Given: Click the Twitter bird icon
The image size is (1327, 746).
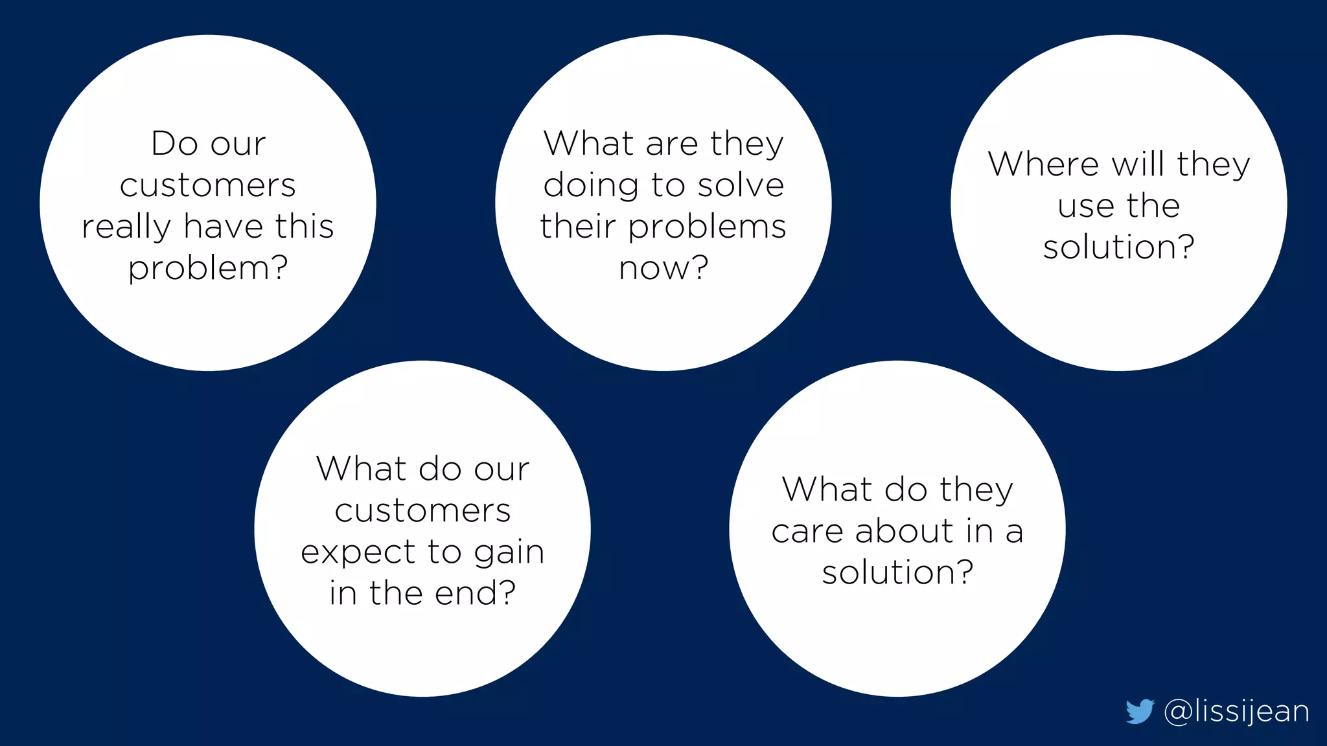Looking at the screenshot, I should [1139, 711].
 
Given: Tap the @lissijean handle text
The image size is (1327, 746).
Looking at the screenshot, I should [1236, 712].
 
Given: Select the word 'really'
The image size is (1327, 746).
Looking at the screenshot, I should [126, 227].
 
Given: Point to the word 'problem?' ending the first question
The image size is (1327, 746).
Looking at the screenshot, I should [208, 268].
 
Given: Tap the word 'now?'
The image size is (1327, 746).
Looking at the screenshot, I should [663, 267].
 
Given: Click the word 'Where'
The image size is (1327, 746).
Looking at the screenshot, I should [1043, 164].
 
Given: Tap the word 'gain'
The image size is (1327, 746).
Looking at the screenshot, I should [509, 552].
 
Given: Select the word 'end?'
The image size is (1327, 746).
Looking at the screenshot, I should [475, 593].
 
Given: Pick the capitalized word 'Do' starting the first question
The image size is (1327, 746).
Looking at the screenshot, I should [173, 143].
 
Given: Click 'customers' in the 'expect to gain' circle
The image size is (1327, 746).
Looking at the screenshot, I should [422, 510].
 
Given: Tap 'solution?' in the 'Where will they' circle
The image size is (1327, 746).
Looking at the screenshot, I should [1118, 247].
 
